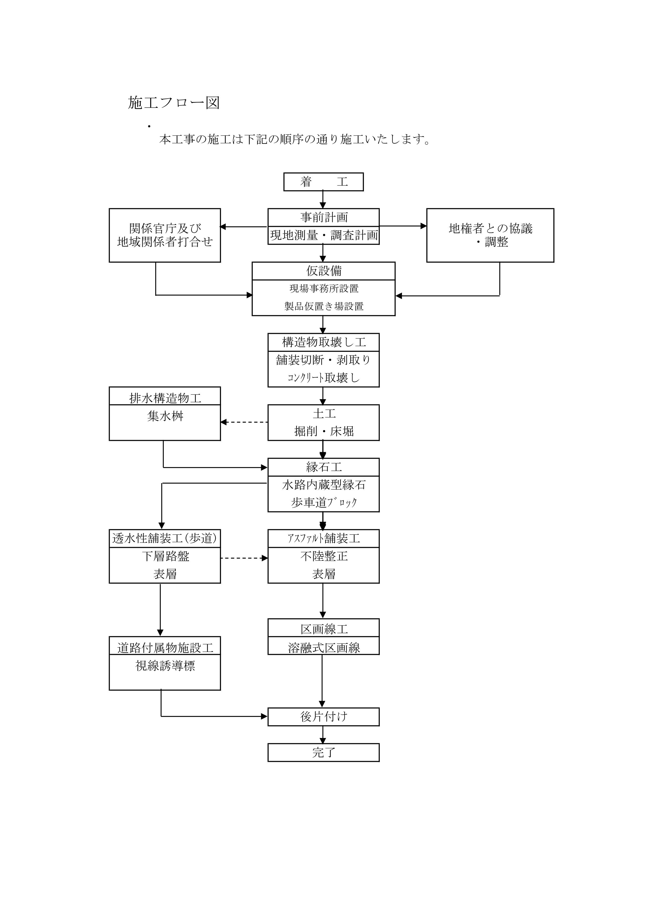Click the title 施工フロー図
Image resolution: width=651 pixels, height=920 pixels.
pyautogui.click(x=173, y=103)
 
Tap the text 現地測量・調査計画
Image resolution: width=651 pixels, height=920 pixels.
pyautogui.click(x=324, y=235)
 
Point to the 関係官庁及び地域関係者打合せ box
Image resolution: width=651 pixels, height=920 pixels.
pyautogui.click(x=165, y=235)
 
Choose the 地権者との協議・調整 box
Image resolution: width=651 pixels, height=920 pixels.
pyautogui.click(x=490, y=235)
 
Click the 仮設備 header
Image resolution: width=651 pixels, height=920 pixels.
pyautogui.click(x=324, y=271)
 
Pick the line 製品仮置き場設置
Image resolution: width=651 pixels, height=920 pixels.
pyautogui.click(x=324, y=307)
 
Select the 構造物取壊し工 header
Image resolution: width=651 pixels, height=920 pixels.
pyautogui.click(x=324, y=342)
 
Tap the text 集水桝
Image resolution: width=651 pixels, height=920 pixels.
pyautogui.click(x=165, y=416)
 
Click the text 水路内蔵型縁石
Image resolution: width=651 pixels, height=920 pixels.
pyautogui.click(x=324, y=485)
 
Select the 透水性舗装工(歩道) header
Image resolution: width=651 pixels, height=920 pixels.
pyautogui.click(x=165, y=538)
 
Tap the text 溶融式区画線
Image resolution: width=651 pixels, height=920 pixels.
pyautogui.click(x=324, y=648)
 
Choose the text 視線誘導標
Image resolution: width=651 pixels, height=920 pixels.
pyautogui.click(x=165, y=666)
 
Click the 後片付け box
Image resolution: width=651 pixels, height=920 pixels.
pyautogui.click(x=324, y=717)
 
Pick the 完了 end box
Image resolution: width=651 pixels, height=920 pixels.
pyautogui.click(x=324, y=752)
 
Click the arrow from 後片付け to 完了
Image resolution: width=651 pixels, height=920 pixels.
pyautogui.click(x=323, y=735)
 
